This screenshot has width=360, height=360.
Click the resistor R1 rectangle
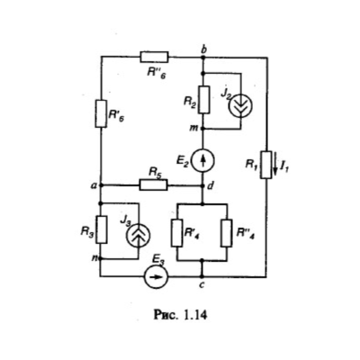pyautogui.click(x=266, y=165)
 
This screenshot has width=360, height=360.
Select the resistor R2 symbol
pyautogui.click(x=204, y=100)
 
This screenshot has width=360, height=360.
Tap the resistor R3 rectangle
pyautogui.click(x=102, y=229)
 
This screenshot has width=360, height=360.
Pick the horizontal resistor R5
pyautogui.click(x=154, y=185)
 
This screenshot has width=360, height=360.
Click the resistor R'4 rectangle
pyautogui.click(x=177, y=233)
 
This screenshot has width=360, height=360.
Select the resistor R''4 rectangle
pyautogui.click(x=227, y=233)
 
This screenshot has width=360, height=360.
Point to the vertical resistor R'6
pyautogui.click(x=102, y=113)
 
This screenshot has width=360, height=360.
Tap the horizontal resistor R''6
pyautogui.click(x=154, y=57)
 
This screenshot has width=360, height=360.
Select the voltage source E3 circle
pyautogui.click(x=156, y=276)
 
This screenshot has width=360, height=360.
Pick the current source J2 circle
pyautogui.click(x=240, y=105)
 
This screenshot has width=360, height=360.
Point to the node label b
pyautogui.click(x=204, y=49)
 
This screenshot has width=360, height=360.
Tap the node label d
pyautogui.click(x=211, y=186)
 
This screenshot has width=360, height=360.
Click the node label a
pyautogui.click(x=94, y=186)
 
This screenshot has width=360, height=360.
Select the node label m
pyautogui.click(x=194, y=128)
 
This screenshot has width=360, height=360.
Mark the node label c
pyautogui.click(x=202, y=285)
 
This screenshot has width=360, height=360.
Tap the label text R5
pyautogui.click(x=156, y=174)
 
